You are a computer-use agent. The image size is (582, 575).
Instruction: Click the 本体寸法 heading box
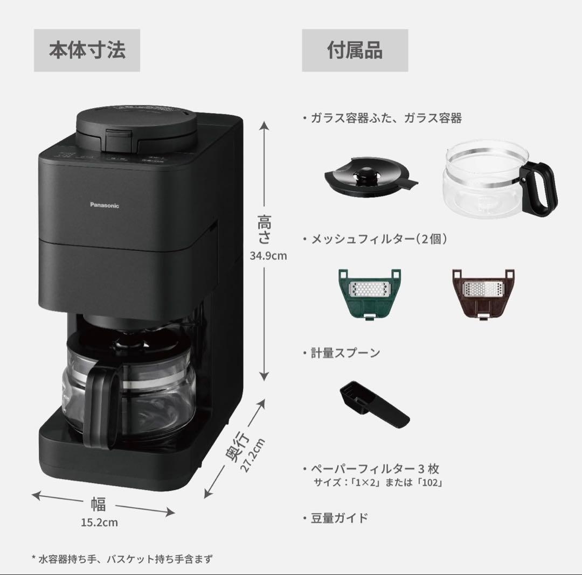pyautogui.click(x=87, y=51)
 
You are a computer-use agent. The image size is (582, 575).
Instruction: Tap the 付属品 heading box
pyautogui.click(x=355, y=51)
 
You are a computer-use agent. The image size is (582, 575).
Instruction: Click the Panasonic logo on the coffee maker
pyautogui.click(x=104, y=205)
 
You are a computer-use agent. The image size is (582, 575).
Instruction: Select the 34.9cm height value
pyautogui.click(x=268, y=256)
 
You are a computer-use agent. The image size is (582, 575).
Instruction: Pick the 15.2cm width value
pyautogui.click(x=99, y=522)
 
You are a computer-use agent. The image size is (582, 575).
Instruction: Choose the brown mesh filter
pyautogui.click(x=482, y=293)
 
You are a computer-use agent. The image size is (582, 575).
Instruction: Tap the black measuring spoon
pyautogui.click(x=374, y=403)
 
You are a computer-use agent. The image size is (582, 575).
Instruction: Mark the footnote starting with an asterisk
pyautogui.click(x=122, y=559)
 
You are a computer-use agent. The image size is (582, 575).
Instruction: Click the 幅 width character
pyautogui.click(x=98, y=504)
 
